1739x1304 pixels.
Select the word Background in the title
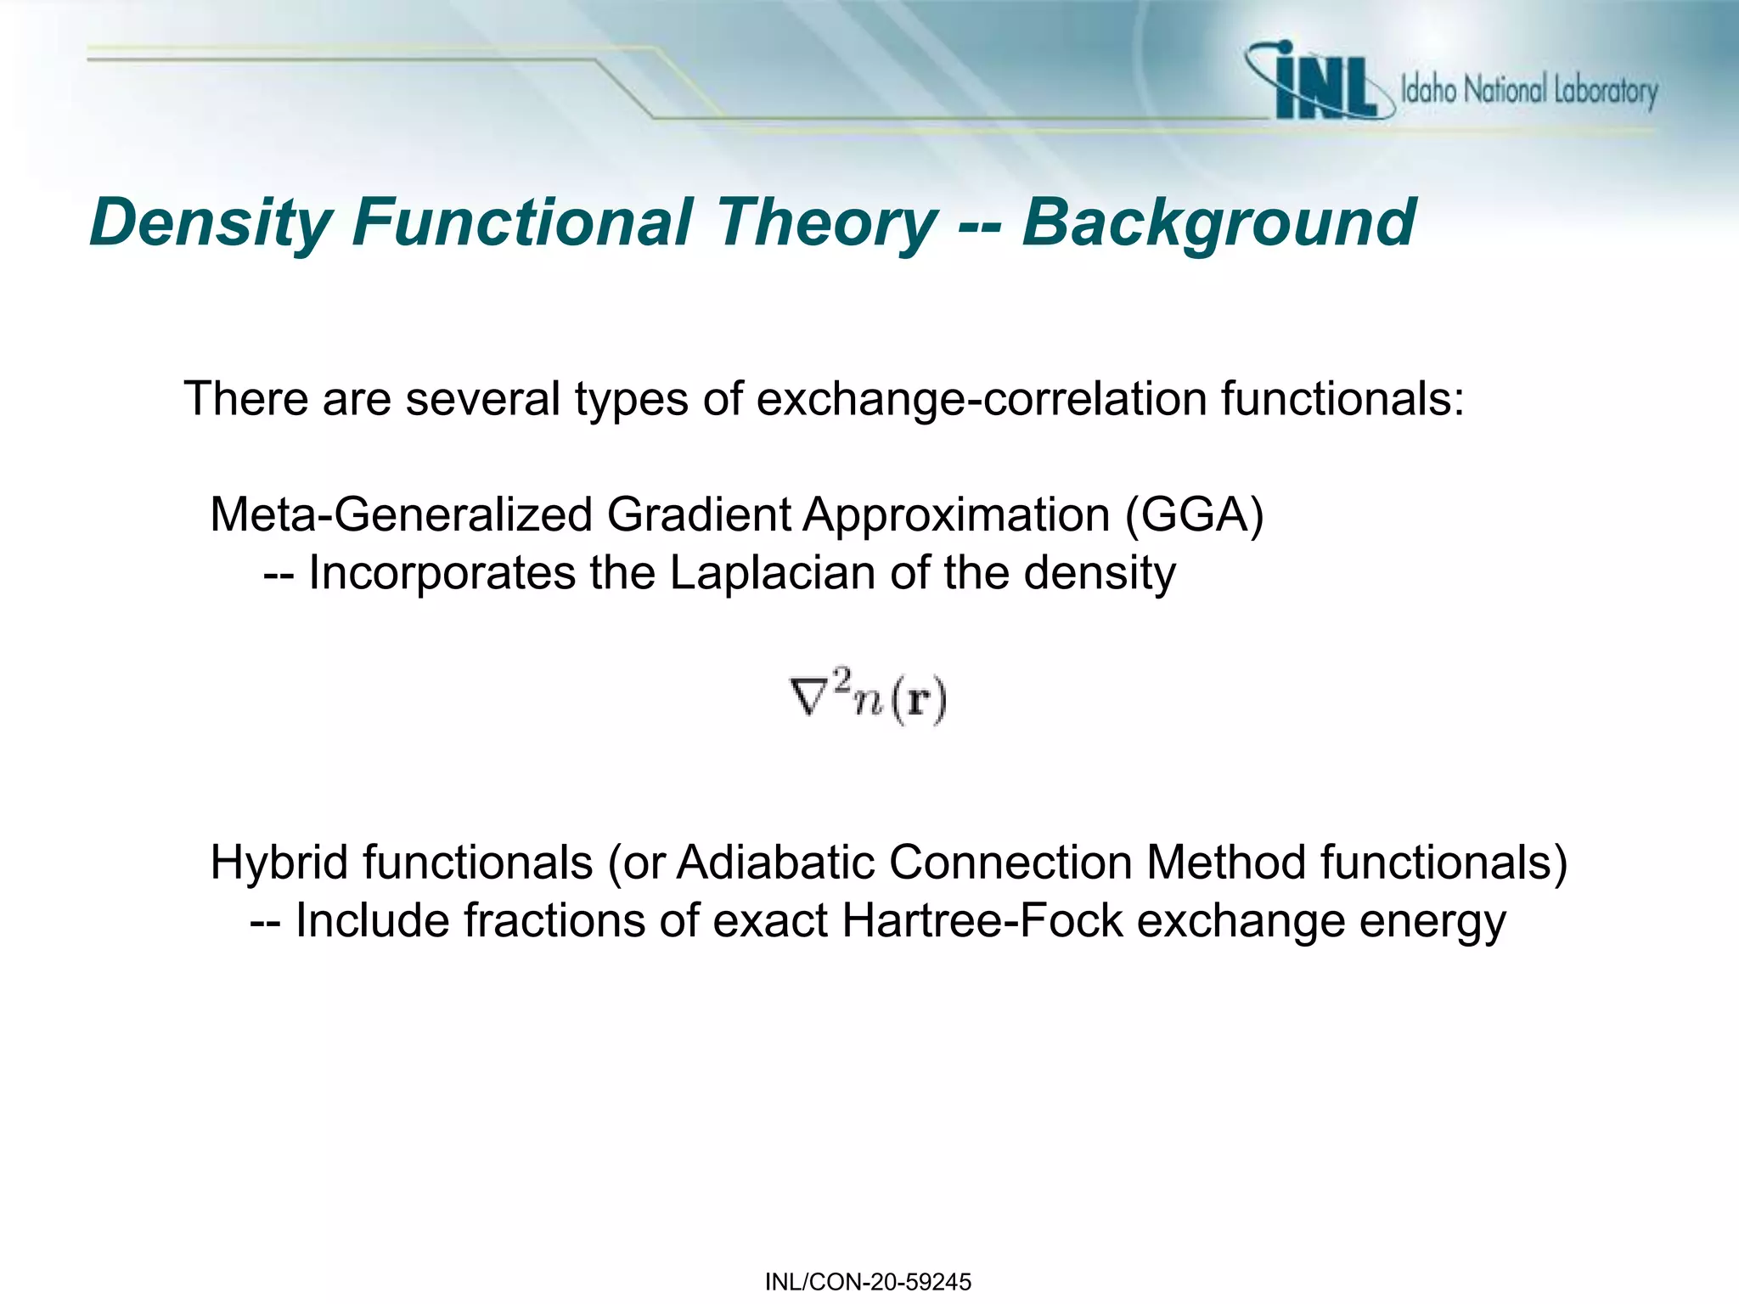(1218, 222)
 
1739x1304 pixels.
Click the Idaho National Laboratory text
(1528, 90)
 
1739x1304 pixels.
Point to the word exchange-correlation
(981, 398)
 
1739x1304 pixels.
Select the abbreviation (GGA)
(1194, 514)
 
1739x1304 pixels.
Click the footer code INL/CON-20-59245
(868, 1282)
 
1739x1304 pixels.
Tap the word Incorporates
(442, 572)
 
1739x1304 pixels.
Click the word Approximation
(956, 514)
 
